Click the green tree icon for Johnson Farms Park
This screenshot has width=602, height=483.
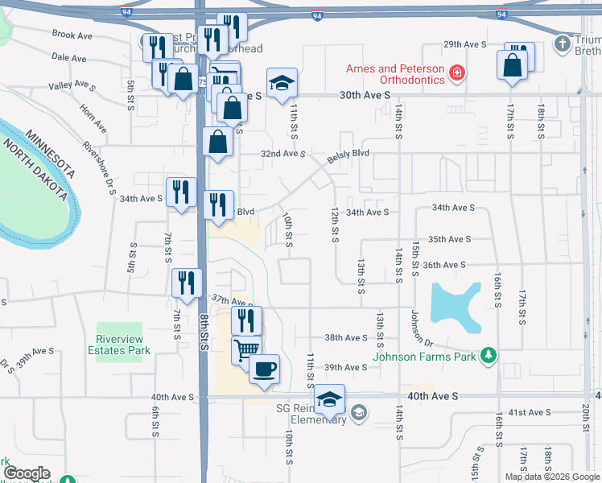(x=487, y=355)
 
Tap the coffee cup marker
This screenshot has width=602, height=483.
(x=264, y=370)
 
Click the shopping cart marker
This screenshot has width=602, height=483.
(x=247, y=350)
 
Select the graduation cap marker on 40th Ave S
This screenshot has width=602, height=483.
(x=329, y=398)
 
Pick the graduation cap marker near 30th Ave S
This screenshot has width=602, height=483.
(x=282, y=83)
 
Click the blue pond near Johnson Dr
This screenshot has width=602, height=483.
(x=457, y=306)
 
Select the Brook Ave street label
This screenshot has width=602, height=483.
(x=72, y=35)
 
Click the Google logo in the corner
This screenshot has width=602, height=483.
(x=27, y=473)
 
